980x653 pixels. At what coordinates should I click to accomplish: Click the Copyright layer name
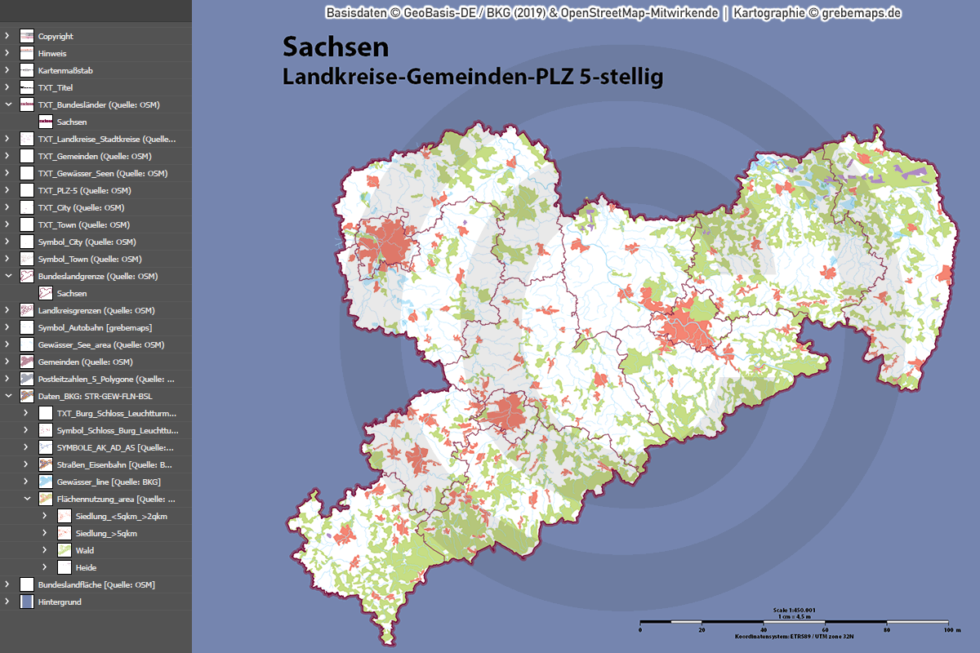coord(56,36)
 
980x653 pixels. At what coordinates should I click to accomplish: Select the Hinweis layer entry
coord(52,53)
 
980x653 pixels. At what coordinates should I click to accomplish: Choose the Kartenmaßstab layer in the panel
coord(65,70)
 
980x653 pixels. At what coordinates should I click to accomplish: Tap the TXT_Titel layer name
coord(56,87)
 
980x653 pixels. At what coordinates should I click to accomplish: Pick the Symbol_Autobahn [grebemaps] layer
coord(95,327)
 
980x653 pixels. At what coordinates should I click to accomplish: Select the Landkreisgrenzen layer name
coord(96,310)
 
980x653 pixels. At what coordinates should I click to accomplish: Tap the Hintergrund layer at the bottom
coord(60,602)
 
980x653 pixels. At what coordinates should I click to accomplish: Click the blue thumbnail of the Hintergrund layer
coord(27,602)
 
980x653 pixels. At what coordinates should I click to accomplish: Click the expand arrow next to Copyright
coord(7,36)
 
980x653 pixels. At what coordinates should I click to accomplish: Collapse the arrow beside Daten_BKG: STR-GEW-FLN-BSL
coord(7,396)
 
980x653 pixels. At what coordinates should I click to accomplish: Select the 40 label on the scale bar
coord(763,630)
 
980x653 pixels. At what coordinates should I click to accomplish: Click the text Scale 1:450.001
coord(794,610)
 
